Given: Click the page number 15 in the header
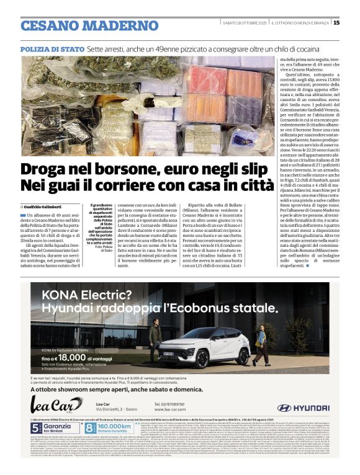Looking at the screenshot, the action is click(x=353, y=23).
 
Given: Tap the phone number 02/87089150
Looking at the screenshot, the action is click(x=171, y=404).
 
